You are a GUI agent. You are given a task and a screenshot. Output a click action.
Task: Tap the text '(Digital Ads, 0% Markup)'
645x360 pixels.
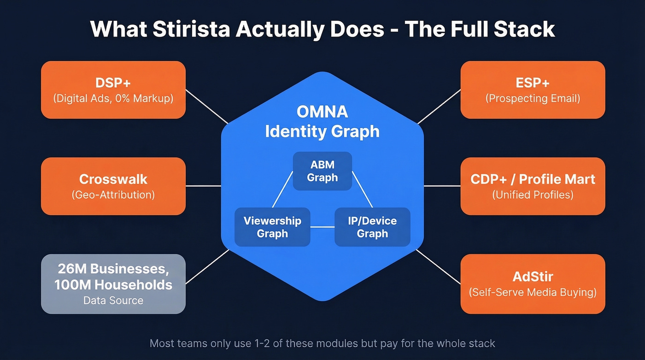(113, 98)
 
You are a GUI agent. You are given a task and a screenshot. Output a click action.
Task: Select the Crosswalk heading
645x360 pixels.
(113, 179)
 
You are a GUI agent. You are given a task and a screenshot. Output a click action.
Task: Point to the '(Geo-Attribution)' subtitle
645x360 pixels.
(113, 195)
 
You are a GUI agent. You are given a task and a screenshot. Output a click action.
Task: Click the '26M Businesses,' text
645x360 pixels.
(113, 269)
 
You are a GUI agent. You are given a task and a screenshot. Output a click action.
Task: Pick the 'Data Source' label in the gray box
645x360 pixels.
(113, 301)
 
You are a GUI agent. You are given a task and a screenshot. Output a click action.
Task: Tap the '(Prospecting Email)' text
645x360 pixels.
(533, 98)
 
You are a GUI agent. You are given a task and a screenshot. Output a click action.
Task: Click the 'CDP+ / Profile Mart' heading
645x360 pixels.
(533, 179)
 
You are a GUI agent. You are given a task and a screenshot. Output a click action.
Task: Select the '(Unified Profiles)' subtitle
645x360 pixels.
(533, 195)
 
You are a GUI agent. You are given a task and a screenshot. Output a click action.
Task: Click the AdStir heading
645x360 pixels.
(533, 277)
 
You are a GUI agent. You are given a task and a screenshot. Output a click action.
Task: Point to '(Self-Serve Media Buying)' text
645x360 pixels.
(533, 292)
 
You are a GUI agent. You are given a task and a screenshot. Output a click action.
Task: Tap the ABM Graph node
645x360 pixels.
(322, 171)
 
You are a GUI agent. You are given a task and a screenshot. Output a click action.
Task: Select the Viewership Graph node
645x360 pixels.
(272, 227)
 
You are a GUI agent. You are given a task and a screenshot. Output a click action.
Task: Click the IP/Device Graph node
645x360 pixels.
(372, 227)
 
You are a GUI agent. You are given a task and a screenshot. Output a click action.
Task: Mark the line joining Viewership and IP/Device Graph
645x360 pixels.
(322, 227)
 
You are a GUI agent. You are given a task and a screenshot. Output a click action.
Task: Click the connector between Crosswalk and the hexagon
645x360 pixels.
(203, 186)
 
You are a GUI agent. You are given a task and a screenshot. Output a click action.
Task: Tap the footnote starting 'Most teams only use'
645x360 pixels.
(322, 343)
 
